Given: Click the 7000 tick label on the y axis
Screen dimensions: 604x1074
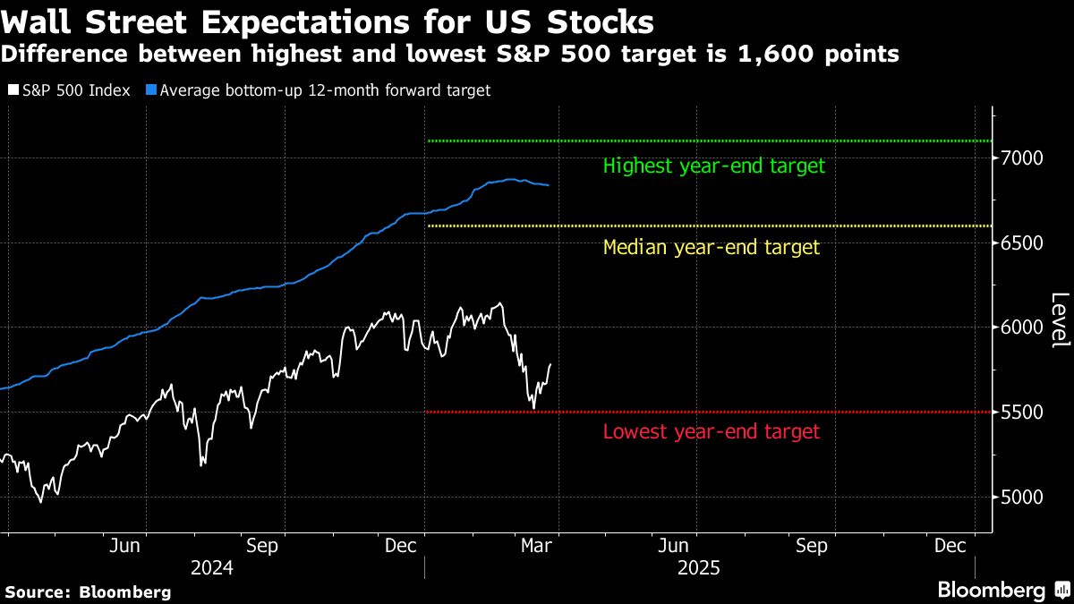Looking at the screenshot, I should point(1023,158).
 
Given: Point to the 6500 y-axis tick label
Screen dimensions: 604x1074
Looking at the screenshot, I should point(1023,243).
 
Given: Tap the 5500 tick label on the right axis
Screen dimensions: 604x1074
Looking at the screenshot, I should point(1023,413).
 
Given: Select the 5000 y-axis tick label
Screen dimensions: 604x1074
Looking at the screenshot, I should point(1023,498).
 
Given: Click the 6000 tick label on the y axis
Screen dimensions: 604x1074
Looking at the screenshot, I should point(1023,328).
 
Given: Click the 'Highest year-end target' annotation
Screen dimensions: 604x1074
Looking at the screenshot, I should point(713,166).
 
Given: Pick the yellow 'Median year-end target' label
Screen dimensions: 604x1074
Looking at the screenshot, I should point(711,248).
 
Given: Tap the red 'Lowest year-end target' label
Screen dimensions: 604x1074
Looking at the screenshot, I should point(711,432).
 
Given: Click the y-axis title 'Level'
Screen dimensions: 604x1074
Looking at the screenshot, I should point(1059,320).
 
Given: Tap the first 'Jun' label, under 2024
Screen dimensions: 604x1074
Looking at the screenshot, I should point(125,545).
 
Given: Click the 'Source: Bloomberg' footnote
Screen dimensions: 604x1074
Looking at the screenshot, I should point(88,591).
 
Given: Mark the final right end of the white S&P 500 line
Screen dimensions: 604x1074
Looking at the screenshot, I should point(550,364).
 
